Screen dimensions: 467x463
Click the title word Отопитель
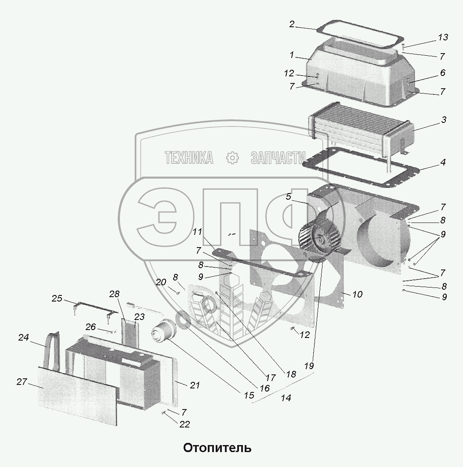click(217, 448)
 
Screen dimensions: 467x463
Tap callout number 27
click(22, 382)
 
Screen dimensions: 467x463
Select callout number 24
click(24, 338)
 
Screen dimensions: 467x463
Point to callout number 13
click(443, 37)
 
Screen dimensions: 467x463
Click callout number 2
click(292, 24)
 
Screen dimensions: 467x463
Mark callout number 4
click(443, 162)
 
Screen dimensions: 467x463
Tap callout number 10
click(357, 294)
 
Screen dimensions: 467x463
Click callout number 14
click(286, 398)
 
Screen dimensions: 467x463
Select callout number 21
click(195, 385)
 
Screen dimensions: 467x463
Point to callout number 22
click(184, 424)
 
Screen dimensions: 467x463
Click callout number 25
click(57, 299)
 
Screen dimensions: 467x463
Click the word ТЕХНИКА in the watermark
click(189, 158)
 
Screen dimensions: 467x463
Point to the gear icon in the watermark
click(231, 158)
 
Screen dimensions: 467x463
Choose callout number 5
click(288, 197)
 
